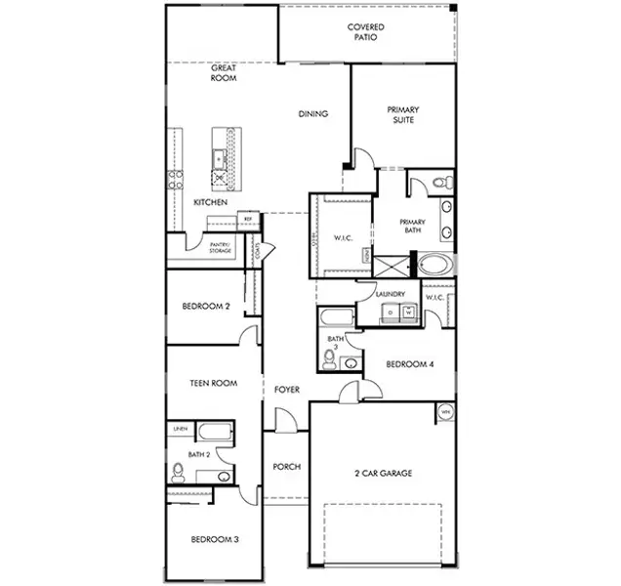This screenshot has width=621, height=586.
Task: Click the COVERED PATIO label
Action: click(x=365, y=32)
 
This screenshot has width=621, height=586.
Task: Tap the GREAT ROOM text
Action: click(x=225, y=72)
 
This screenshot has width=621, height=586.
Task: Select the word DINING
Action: click(x=312, y=113)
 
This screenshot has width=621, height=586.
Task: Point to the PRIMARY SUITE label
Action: click(x=402, y=115)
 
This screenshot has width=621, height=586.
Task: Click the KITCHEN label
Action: click(x=210, y=202)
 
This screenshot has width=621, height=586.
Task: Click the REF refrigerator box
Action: click(x=248, y=219)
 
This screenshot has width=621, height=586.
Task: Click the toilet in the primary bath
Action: click(x=440, y=183)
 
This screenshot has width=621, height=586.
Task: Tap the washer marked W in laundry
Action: click(x=408, y=313)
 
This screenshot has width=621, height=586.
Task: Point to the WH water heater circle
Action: click(x=445, y=412)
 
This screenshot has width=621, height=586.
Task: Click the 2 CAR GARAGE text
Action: click(x=383, y=474)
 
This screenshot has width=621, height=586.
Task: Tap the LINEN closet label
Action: click(x=180, y=429)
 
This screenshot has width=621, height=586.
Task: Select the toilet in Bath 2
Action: click(x=178, y=474)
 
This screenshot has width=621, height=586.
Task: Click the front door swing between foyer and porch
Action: click(x=284, y=423)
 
